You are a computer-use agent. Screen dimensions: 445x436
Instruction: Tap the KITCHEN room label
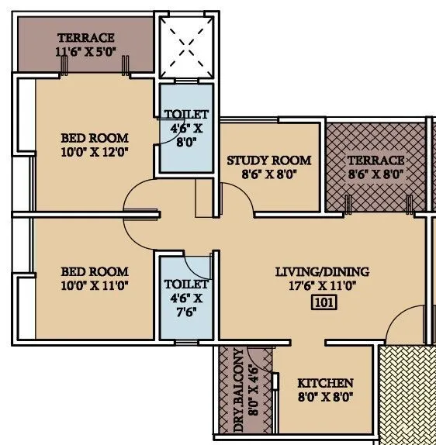tap(325, 383)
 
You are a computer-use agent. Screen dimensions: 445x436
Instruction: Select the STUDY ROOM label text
tap(268, 160)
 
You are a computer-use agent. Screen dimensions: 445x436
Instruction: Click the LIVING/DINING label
tap(322, 272)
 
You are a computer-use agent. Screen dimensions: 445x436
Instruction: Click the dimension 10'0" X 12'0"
tap(95, 152)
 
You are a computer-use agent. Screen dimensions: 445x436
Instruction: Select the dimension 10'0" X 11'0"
tap(95, 285)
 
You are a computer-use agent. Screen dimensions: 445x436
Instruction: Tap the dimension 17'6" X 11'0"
tap(322, 285)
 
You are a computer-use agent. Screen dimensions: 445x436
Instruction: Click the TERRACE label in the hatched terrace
tap(375, 160)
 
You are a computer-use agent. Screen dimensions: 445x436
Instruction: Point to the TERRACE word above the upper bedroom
tap(86, 37)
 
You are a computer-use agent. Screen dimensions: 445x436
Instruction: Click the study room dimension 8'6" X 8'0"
tap(268, 174)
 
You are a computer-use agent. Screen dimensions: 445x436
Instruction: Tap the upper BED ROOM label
tap(95, 139)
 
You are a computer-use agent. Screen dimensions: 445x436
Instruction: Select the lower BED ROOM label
tap(95, 272)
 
